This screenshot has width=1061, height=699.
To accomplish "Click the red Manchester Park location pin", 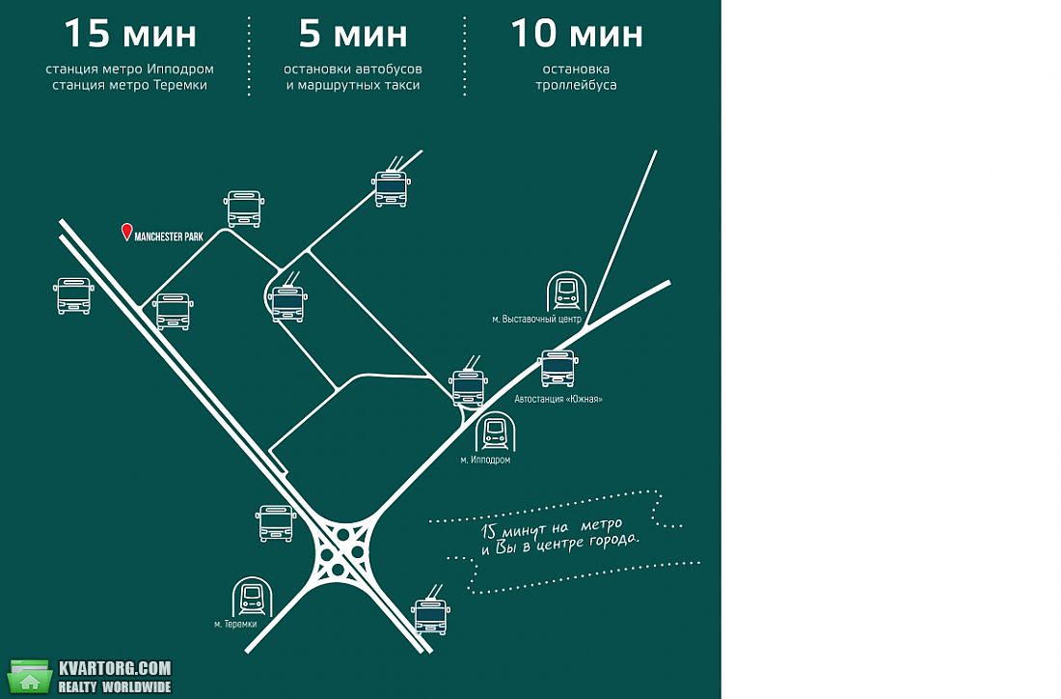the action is [x=126, y=232].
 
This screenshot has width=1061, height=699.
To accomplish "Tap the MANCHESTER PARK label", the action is [x=169, y=237].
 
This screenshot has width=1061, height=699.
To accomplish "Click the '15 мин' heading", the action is [x=130, y=33].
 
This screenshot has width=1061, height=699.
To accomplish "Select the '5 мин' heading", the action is [x=353, y=33].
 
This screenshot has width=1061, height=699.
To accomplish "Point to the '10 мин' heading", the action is [x=577, y=33].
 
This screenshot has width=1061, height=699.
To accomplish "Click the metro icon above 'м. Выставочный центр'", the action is [x=566, y=292].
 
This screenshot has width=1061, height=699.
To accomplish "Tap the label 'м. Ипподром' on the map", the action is [x=485, y=460].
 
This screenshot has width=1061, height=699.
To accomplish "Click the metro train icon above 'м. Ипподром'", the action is [x=496, y=432].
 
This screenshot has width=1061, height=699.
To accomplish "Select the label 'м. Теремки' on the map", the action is [x=235, y=624].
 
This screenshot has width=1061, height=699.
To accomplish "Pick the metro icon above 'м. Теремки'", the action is [x=253, y=597].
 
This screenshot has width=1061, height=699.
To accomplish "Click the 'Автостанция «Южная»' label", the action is [x=558, y=399].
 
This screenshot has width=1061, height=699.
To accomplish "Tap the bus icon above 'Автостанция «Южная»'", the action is [x=558, y=369].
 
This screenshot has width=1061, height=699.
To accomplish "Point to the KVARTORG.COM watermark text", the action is [x=115, y=668].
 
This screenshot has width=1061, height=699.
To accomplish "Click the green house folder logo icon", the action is [x=30, y=677].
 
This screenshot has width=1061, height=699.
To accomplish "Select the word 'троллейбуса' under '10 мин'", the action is [x=576, y=85].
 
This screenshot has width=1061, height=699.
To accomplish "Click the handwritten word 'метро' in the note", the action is [x=600, y=525].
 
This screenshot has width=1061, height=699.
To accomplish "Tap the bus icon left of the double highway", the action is [x=73, y=295].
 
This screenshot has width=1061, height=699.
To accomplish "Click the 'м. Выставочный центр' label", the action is [x=536, y=319].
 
